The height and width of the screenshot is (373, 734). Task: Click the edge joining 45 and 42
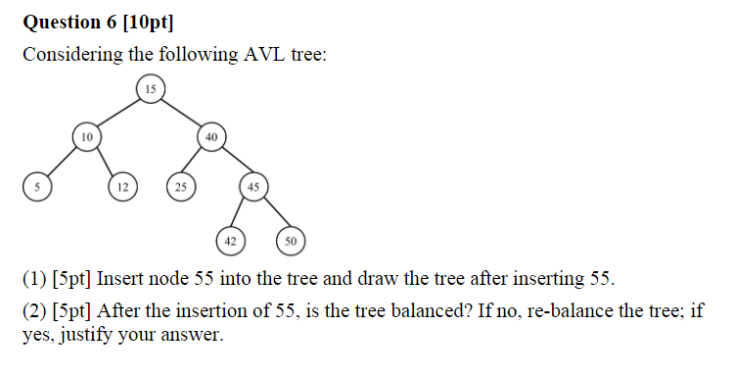(241, 211)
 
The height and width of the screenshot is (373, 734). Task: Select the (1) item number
(33, 279)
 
